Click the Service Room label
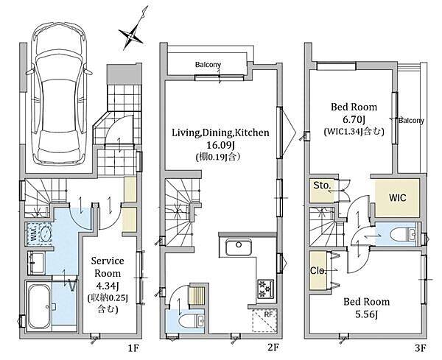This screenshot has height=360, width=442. click(x=108, y=267)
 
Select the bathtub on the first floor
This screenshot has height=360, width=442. click(x=40, y=306)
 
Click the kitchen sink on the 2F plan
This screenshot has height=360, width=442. click(x=239, y=247)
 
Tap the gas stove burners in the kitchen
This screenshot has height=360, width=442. click(x=266, y=288)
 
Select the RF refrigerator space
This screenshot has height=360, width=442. click(x=264, y=320)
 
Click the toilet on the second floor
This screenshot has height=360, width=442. click(x=192, y=321)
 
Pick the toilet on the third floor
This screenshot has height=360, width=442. click(x=404, y=233)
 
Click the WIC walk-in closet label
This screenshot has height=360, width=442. click(x=398, y=197)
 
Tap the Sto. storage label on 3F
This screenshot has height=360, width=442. click(x=322, y=186)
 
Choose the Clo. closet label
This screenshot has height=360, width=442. click(x=318, y=271)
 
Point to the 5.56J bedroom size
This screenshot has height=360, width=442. click(x=366, y=314)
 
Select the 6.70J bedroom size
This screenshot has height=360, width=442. click(x=354, y=119)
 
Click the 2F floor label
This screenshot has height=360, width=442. click(x=273, y=347)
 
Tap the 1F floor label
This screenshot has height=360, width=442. click(x=133, y=348)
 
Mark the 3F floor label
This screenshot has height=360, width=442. click(x=420, y=348)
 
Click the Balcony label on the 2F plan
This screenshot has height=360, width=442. click(x=208, y=65)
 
